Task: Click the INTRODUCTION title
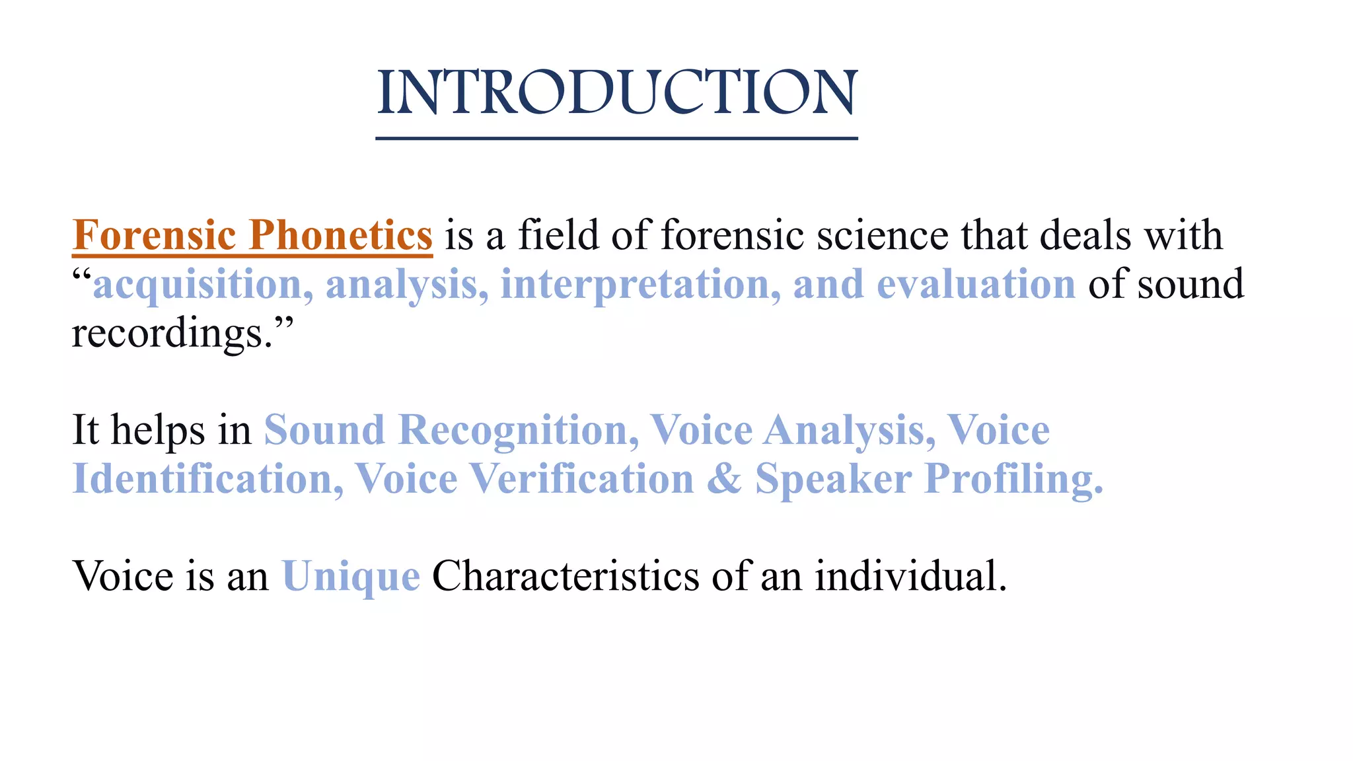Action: point(616,92)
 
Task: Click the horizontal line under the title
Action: point(616,139)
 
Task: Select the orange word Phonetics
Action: point(340,235)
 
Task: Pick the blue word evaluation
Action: point(976,284)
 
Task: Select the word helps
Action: point(157,431)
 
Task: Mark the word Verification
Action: point(581,479)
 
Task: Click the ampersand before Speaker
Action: point(724,479)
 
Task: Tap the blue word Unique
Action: point(351,577)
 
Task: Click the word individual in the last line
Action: point(910,576)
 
